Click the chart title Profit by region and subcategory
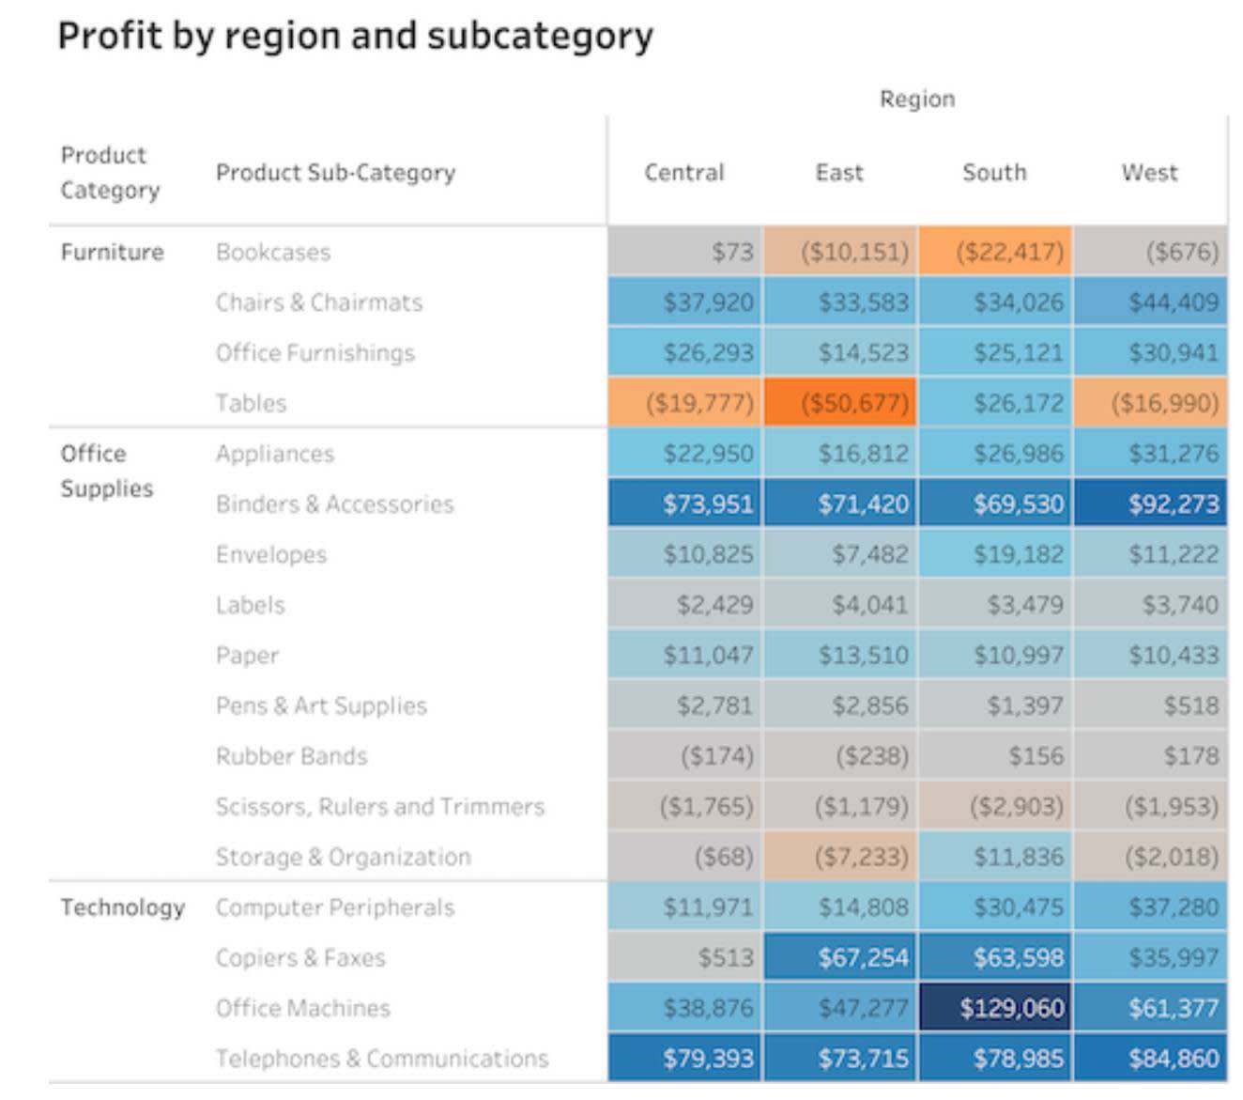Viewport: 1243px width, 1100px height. tap(355, 37)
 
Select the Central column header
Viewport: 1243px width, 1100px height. tap(683, 173)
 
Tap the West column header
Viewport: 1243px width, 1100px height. tap(1149, 173)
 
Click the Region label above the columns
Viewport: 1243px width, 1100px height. tap(916, 99)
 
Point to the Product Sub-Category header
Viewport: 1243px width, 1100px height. tap(335, 173)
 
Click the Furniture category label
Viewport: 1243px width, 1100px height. tap(112, 252)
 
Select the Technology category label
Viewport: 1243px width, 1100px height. tap(122, 907)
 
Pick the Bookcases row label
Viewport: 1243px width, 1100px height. tap(272, 252)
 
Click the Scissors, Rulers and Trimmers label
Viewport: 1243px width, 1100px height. tap(379, 807)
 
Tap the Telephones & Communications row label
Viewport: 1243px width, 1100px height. tap(381, 1059)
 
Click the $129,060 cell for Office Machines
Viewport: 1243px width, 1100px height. tap(995, 1008)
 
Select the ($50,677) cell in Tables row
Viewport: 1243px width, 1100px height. tap(840, 403)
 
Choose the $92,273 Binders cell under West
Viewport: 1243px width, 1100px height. tap(1151, 504)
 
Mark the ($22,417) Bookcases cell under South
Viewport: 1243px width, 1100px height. tap(995, 252)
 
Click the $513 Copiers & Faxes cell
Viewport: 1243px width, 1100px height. tap(685, 957)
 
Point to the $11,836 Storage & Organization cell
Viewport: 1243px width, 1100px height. tap(995, 857)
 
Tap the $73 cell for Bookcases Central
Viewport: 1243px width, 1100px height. tap(685, 252)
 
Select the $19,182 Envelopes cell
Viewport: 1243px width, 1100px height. tap(995, 554)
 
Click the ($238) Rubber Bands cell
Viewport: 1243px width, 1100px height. tap(840, 756)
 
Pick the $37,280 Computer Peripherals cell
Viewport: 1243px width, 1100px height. tap(1151, 907)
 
